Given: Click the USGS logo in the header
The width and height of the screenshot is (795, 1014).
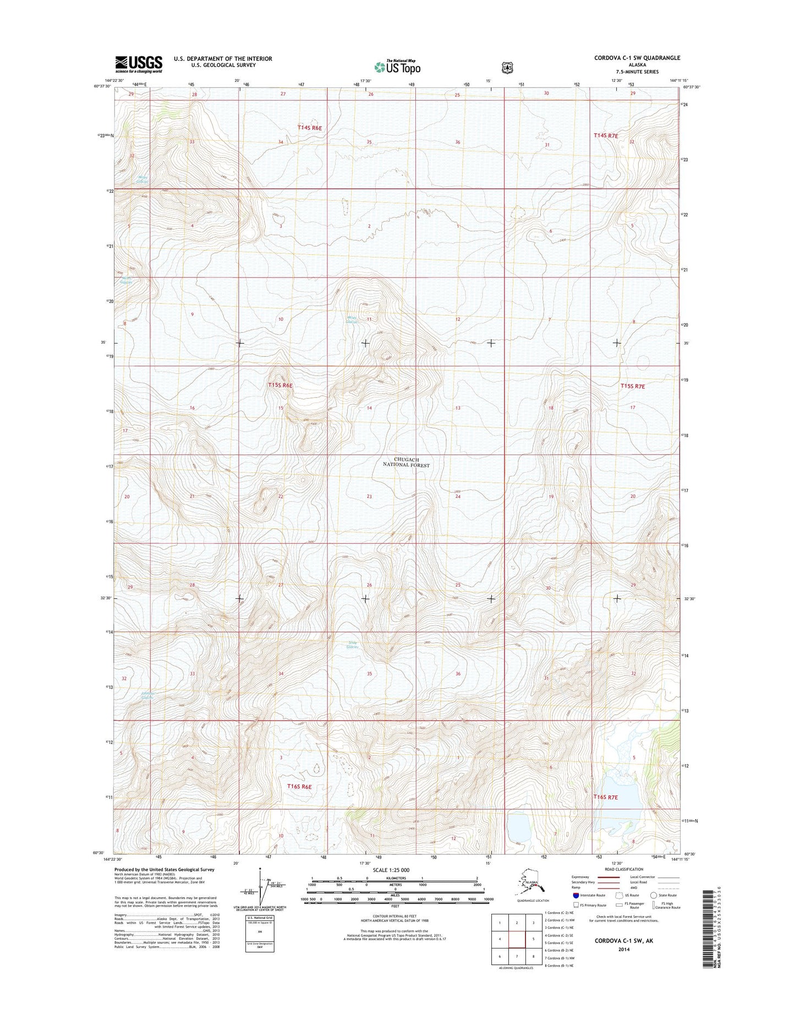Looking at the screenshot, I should pos(139,64).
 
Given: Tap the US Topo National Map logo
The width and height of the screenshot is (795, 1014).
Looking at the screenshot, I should pos(397,67).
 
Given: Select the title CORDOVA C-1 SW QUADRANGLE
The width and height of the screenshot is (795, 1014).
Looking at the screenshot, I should pos(637,58).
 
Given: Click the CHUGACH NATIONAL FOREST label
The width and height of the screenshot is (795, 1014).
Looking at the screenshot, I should pos(406,462).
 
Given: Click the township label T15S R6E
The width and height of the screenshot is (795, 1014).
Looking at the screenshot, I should pos(280,385).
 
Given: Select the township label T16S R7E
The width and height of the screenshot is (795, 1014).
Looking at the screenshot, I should pos(606,797).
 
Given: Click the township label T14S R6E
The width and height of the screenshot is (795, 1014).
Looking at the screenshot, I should pos(309,128).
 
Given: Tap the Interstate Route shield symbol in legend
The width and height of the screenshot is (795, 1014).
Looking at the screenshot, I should pos(575,895).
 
